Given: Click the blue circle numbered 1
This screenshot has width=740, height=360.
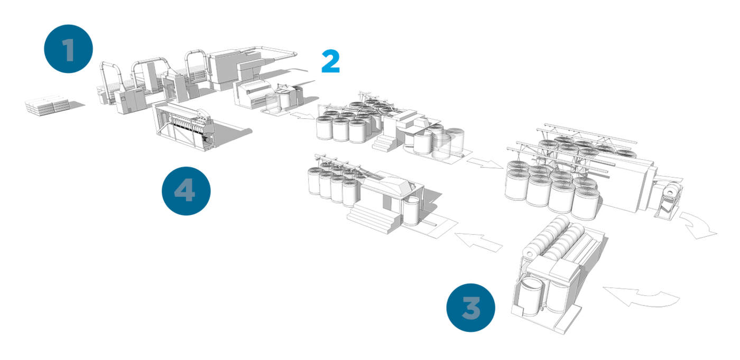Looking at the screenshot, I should click(68, 49).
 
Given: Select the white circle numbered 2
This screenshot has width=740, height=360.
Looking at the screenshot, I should click(330, 61).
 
